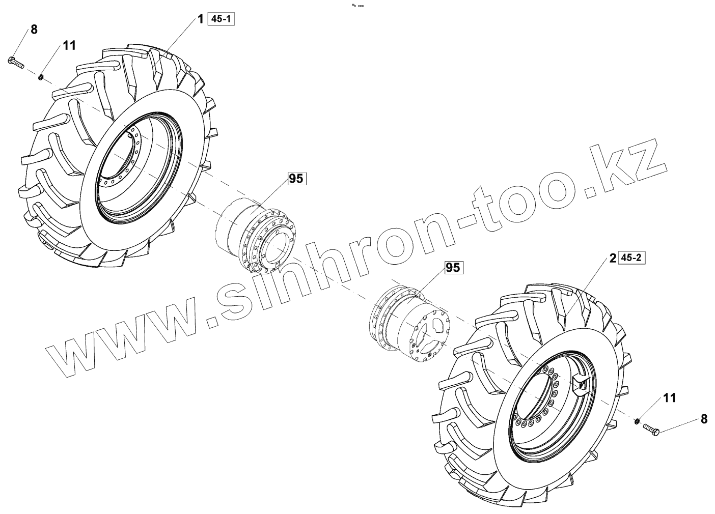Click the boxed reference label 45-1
pos(221,19)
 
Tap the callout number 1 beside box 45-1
pos(201,19)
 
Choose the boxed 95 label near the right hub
pos(453,267)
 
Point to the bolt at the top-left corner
pos(16,63)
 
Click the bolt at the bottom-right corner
pos(651,430)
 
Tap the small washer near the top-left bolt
pos(41,77)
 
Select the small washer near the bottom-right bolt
pos(636,421)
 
